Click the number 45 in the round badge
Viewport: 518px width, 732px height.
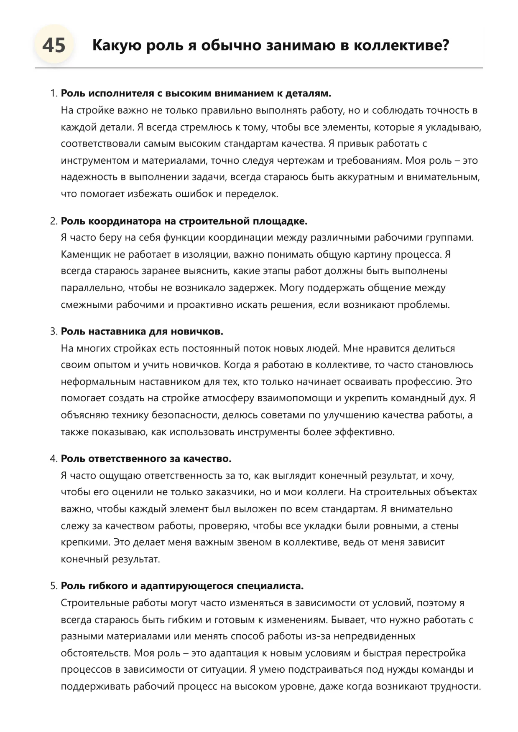tap(54, 45)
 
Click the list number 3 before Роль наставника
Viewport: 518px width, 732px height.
tap(54, 332)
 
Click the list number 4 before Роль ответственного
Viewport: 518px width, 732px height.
tap(54, 459)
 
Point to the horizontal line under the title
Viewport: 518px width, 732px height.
tap(259, 68)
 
